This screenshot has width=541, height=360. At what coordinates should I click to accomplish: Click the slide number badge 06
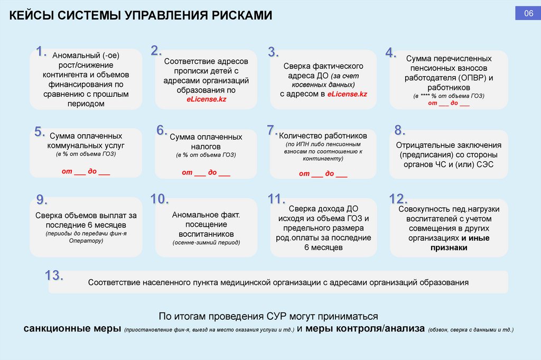[x=528, y=14]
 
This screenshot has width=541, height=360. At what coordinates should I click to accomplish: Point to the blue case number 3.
[x=273, y=52]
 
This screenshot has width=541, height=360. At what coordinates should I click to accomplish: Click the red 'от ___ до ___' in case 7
[x=323, y=173]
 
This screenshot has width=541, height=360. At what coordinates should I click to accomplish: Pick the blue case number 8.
[x=400, y=130]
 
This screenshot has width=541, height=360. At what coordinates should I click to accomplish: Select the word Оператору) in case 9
[x=86, y=241]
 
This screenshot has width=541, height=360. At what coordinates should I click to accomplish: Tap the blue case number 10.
[x=159, y=199]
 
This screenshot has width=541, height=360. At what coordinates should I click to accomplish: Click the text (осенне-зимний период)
[x=206, y=242]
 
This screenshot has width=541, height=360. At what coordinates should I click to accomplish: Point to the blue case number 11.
[x=277, y=199]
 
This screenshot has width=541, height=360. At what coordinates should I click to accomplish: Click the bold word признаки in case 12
[x=449, y=247]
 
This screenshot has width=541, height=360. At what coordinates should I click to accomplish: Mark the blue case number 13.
[x=54, y=275]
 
